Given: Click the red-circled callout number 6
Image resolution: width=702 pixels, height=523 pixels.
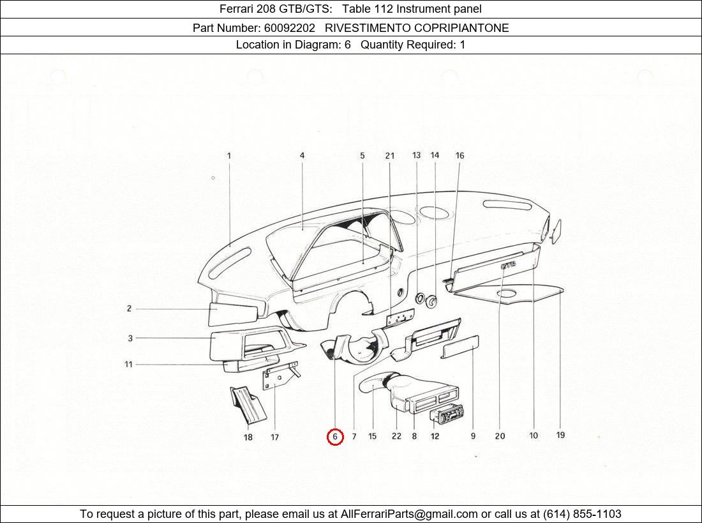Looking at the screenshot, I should pos(335,437).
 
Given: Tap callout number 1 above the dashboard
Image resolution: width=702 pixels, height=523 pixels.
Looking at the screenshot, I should pos(229,155).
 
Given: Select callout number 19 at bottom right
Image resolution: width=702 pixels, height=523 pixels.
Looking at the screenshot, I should pos(560,436).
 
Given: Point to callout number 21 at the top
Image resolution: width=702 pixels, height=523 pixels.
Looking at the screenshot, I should pos(389,155).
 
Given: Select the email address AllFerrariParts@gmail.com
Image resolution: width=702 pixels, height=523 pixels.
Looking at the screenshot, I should pos(409,514).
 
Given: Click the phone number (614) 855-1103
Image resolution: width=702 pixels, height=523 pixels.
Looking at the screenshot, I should pos(581,514).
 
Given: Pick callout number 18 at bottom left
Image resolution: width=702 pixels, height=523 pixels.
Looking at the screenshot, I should pos(248,437).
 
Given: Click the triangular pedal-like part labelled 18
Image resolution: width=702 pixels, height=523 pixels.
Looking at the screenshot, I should pos(246,404).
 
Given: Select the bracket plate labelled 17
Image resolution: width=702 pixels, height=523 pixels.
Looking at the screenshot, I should pos(276,377).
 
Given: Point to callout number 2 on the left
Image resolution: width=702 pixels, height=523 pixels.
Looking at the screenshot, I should pos(129,308).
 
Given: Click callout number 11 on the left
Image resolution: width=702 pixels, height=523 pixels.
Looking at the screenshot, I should pos(128,364).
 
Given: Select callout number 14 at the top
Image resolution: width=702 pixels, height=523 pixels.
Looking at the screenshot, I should pos(435,155).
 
